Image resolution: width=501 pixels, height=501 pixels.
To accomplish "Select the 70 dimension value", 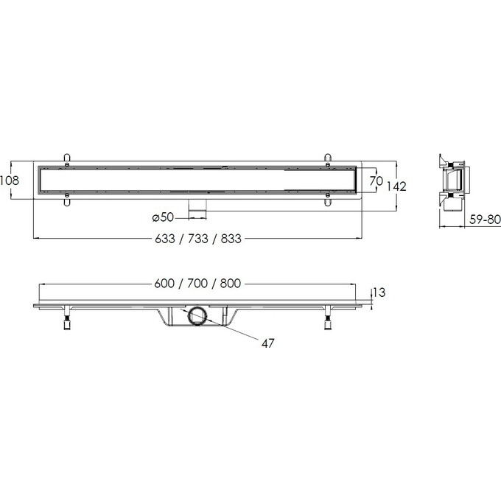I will [x=374, y=181].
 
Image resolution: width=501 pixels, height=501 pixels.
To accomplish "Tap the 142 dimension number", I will [x=396, y=186].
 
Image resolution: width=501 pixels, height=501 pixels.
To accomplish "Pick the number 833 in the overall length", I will [x=231, y=238].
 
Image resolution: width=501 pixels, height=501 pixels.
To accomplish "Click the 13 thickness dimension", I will [x=379, y=292].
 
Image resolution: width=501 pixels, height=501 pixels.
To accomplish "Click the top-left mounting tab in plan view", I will [x=68, y=158].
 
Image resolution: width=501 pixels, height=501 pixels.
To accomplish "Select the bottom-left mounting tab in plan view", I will [x=68, y=199].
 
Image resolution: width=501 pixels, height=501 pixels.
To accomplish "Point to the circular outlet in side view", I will [x=197, y=318].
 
